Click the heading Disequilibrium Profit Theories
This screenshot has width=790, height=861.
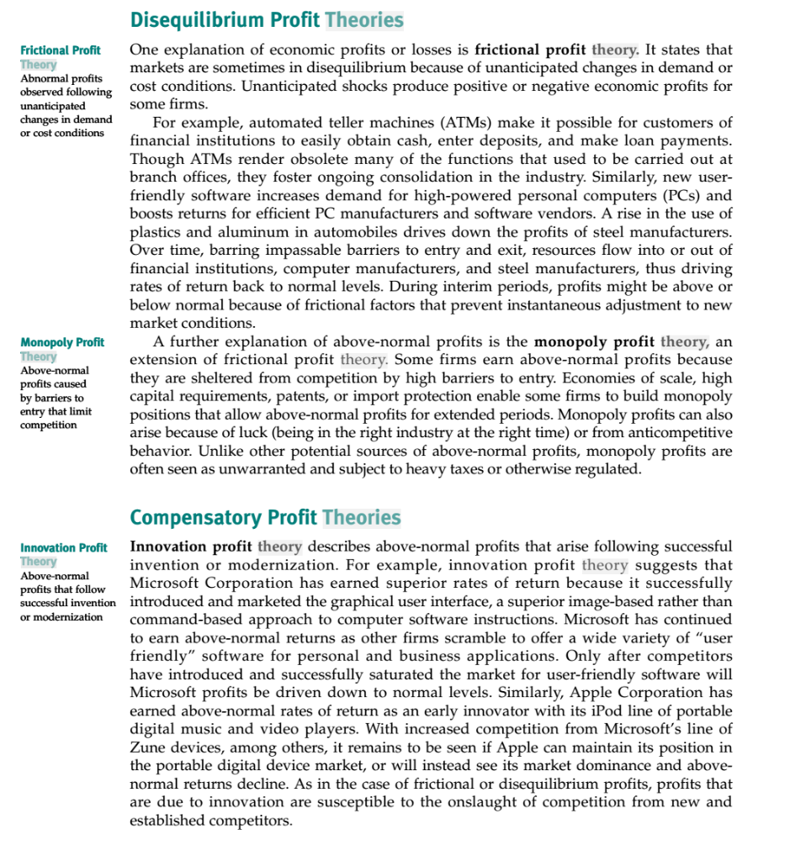click(x=267, y=20)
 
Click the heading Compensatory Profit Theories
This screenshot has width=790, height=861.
click(x=265, y=517)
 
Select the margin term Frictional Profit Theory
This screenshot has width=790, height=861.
click(x=60, y=57)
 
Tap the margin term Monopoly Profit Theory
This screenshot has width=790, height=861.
click(x=62, y=349)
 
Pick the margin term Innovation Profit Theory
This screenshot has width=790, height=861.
click(x=64, y=554)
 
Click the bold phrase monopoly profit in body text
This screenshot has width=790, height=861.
click(x=594, y=342)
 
